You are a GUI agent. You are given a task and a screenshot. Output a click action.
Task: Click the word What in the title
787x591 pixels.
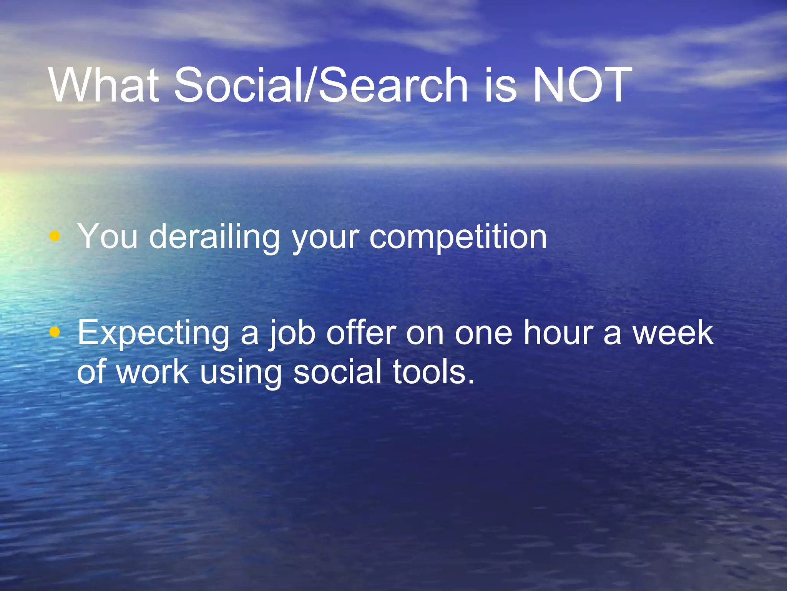point(104,85)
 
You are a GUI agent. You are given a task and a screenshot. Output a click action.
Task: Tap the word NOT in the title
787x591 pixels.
point(582,85)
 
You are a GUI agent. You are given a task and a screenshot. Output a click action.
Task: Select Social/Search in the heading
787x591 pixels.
point(321,85)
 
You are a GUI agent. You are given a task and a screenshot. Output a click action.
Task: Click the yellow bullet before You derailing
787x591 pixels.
point(55,236)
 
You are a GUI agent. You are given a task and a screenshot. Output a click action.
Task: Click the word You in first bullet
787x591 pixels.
point(107,236)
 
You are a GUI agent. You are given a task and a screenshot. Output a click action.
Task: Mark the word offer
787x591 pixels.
point(361,332)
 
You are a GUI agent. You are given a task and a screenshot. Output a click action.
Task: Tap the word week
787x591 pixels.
point(673,332)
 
